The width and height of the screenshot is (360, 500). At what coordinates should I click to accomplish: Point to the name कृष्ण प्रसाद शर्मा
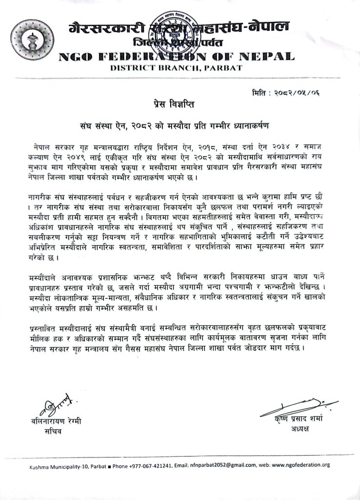point(292,420)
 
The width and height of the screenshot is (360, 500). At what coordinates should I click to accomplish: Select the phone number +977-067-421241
point(137,466)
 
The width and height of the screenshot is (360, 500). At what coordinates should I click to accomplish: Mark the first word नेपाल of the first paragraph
point(42,147)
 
